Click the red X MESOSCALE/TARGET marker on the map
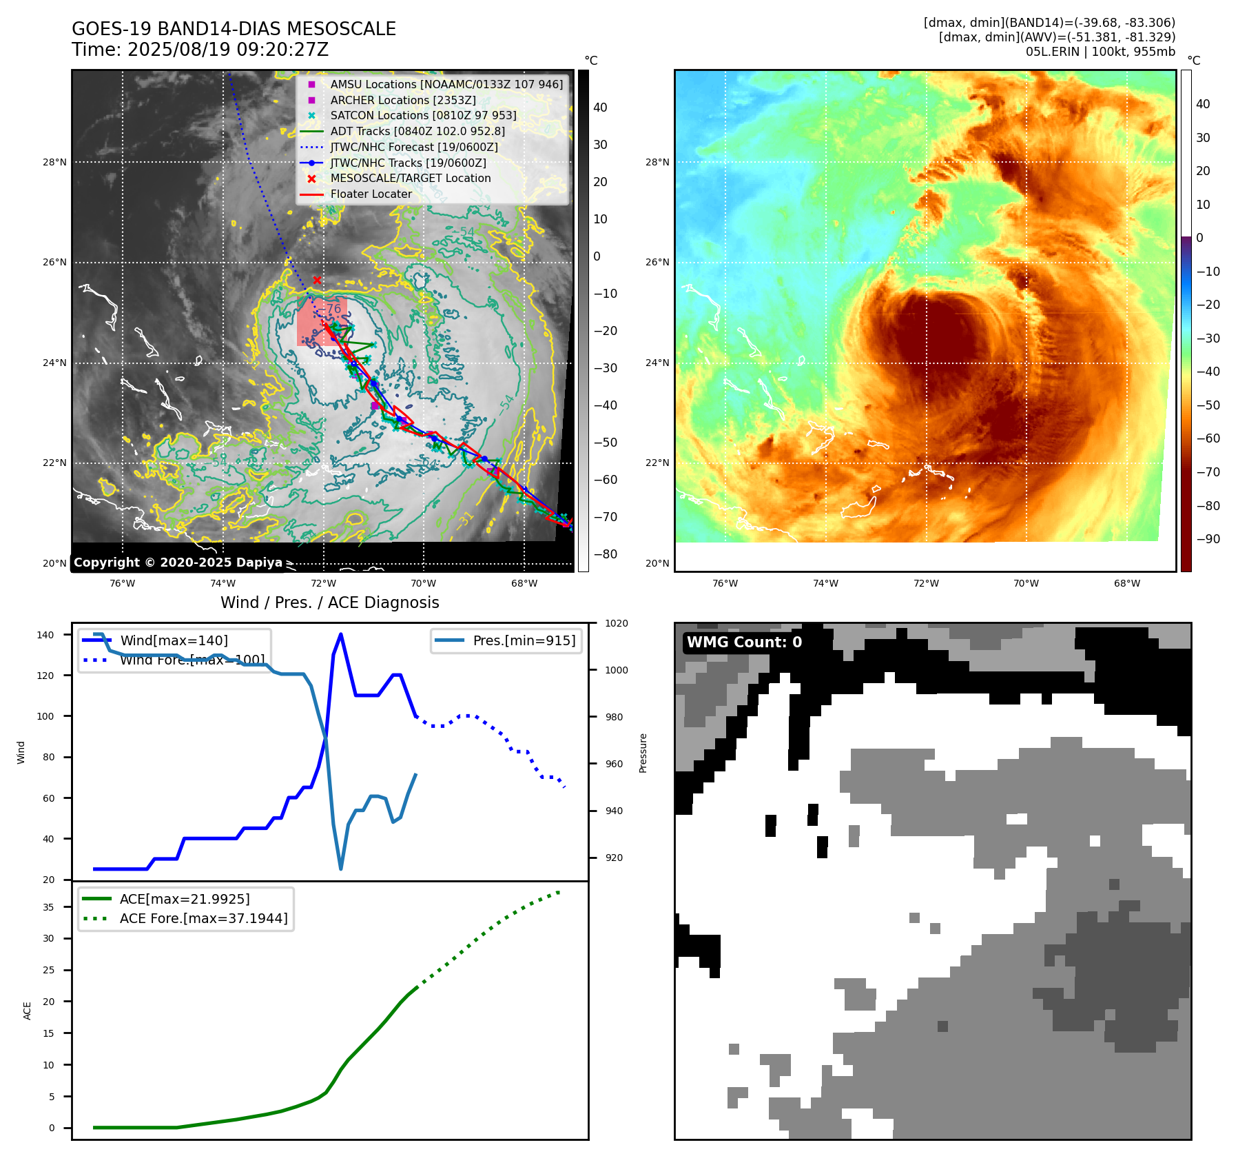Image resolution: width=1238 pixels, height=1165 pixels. [317, 280]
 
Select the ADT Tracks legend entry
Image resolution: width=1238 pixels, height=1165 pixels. [417, 131]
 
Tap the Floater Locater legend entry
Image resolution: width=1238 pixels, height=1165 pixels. [371, 194]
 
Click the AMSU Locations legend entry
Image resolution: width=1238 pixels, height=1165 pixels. [446, 84]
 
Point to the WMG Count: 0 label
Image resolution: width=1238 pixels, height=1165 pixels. [744, 642]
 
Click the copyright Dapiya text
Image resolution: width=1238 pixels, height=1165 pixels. [178, 563]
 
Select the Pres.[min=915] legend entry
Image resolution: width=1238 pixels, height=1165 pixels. [524, 640]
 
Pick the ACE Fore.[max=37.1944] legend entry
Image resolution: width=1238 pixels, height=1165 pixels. [203, 918]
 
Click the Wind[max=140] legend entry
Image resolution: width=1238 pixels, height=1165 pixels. [174, 640]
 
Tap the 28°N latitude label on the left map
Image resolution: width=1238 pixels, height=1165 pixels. [55, 163]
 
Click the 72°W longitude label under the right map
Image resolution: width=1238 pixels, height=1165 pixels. [926, 583]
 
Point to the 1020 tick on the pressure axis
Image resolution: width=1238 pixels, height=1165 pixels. [617, 623]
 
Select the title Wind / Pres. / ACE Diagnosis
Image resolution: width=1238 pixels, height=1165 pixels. [329, 602]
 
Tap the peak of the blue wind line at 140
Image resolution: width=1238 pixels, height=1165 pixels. [341, 634]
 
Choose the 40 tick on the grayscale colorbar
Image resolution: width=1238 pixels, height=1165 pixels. [600, 108]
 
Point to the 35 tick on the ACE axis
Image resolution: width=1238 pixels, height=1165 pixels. [49, 907]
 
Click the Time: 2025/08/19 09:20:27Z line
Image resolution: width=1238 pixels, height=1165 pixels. [200, 50]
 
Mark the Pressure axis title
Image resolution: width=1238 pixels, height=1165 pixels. [643, 753]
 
